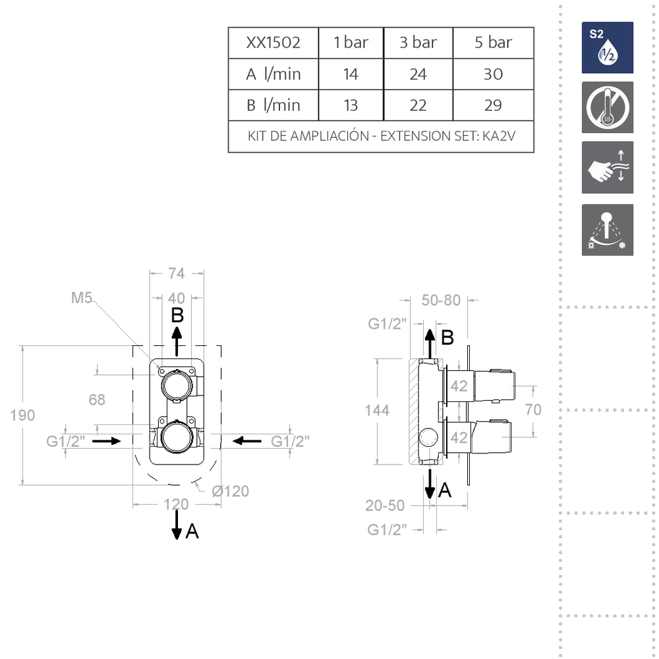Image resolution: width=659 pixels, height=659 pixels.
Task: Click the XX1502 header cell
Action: tap(273, 43)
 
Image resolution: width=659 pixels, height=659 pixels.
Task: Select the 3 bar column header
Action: tap(418, 43)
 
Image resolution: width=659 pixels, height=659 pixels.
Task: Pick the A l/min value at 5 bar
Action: tap(493, 74)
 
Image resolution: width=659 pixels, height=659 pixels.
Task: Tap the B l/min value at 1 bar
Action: tap(351, 105)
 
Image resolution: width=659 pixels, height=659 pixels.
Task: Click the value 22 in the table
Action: tap(418, 105)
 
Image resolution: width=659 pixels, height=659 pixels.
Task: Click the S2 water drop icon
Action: tap(608, 47)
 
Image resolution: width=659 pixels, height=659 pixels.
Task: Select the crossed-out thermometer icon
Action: tap(608, 107)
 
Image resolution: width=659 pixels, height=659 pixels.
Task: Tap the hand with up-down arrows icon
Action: tap(608, 167)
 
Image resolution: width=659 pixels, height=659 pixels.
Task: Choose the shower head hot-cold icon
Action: tap(608, 230)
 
